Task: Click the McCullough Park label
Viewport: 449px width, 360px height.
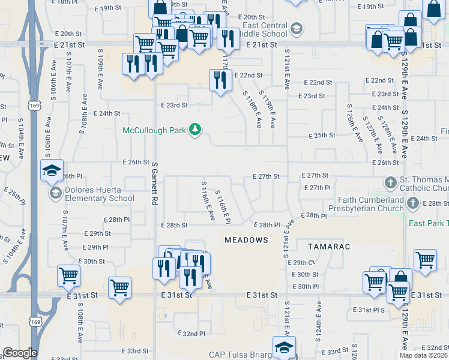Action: pyautogui.click(x=155, y=130)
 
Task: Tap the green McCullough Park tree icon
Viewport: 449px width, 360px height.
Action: pyautogui.click(x=194, y=130)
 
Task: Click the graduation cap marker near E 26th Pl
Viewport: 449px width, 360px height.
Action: pyautogui.click(x=52, y=170)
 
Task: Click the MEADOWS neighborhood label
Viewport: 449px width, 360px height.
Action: pyautogui.click(x=246, y=240)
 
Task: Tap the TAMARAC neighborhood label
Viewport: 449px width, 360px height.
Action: pyautogui.click(x=328, y=247)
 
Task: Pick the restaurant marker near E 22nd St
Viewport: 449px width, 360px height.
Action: pyautogui.click(x=220, y=79)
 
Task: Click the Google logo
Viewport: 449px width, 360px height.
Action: pyautogui.click(x=19, y=352)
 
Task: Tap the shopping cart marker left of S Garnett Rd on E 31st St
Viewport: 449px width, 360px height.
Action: pyautogui.click(x=120, y=287)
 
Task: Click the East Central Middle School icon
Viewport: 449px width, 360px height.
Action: pyautogui.click(x=296, y=28)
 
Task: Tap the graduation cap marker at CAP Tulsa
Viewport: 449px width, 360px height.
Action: pyautogui.click(x=284, y=347)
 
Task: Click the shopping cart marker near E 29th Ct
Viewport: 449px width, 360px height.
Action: pyautogui.click(x=425, y=260)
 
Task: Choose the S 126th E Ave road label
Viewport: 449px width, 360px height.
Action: pyautogui.click(x=355, y=122)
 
